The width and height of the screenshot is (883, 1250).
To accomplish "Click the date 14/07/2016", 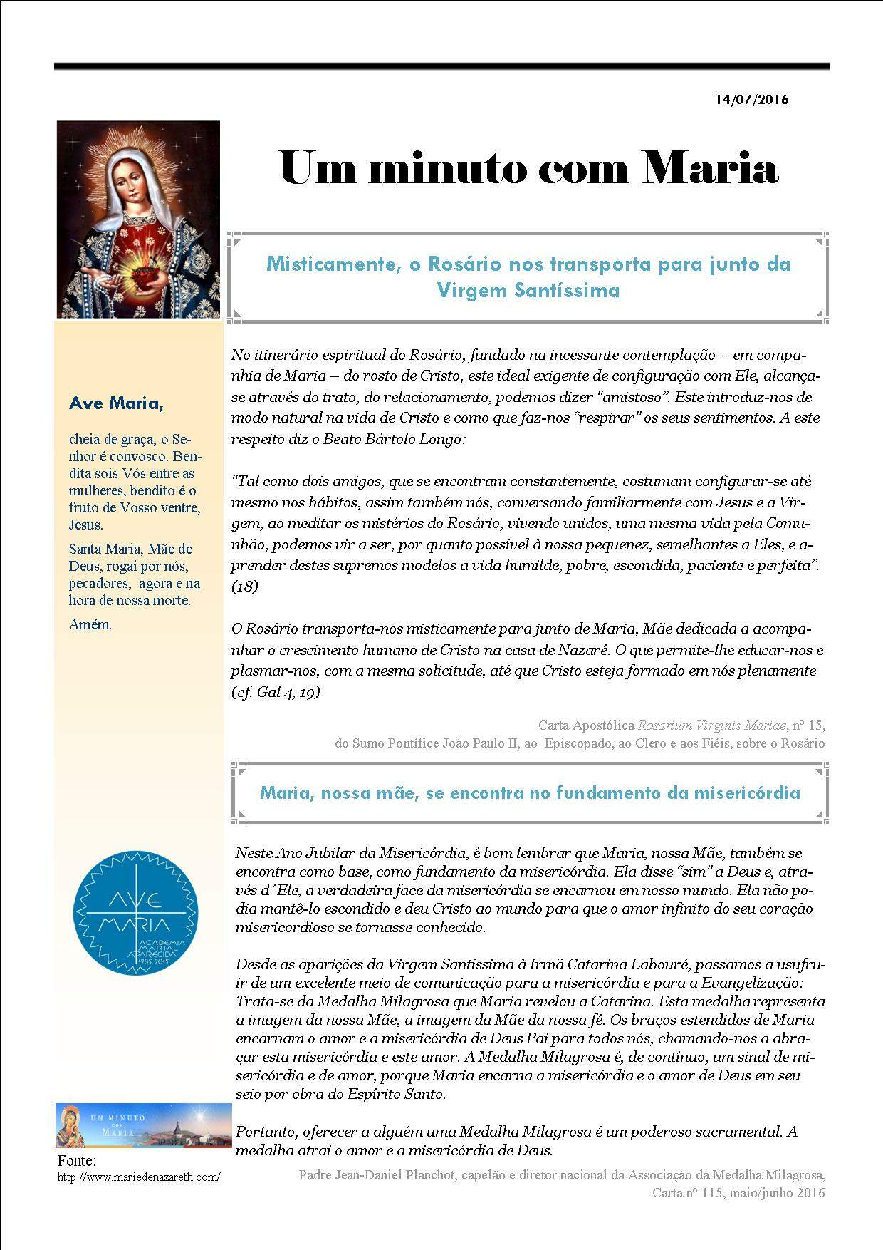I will pos(752,100).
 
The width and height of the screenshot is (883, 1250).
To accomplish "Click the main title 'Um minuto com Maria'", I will pos(528,169).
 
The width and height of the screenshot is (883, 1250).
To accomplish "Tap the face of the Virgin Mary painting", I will pos(135,179).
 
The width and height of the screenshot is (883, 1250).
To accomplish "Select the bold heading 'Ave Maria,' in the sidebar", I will pos(116,404).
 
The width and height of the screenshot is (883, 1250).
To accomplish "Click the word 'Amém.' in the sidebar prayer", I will pos(90,625).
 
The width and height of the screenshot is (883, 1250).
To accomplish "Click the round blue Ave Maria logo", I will pos(136,914).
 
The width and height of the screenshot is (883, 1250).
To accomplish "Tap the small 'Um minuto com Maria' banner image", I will pos(144,1125).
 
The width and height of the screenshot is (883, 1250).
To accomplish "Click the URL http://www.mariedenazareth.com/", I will pos(139,1177).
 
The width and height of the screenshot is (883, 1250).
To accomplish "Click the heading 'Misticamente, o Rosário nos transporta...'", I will pos(528,277).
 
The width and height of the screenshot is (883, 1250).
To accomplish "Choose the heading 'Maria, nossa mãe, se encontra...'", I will pos(530,792).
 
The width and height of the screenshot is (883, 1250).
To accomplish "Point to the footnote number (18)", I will pos(245,586).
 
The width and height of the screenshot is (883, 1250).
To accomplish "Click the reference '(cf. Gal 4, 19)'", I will pos(276,691).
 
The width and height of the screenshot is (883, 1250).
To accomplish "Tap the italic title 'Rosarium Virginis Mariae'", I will pos(712,725).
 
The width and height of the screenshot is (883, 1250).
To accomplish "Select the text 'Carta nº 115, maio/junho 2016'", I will pos(738,1192).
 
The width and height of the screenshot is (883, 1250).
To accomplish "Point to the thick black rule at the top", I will pos(441,66).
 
